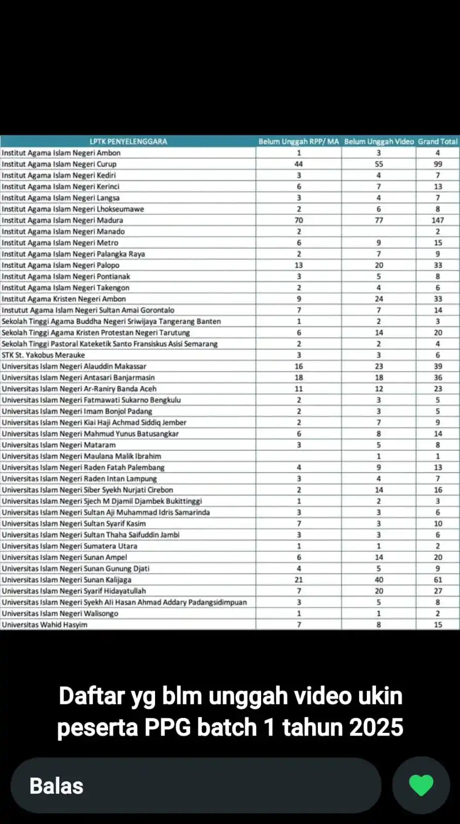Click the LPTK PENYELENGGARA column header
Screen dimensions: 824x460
pos(128,141)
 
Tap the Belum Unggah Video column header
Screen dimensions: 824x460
pos(379,141)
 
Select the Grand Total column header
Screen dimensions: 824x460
pos(437,141)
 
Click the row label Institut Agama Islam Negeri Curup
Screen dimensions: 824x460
pos(59,164)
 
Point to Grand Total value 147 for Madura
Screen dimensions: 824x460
pos(437,220)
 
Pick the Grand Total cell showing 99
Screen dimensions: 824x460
pos(437,164)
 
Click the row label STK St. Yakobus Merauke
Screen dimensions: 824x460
pos(43,355)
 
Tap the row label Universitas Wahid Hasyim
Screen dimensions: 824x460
pos(44,625)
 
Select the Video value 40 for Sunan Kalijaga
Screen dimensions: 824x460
pos(379,580)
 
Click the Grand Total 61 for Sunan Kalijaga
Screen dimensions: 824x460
pos(437,580)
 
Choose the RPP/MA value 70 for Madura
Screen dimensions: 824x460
pos(299,220)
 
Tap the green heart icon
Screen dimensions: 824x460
pos(421,785)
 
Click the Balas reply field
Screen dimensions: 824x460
pos(196,786)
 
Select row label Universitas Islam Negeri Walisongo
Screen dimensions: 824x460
pos(60,613)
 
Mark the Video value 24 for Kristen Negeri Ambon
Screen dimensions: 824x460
pos(379,299)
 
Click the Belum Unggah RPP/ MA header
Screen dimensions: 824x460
pos(299,141)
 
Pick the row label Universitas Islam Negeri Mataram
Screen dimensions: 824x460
pos(59,445)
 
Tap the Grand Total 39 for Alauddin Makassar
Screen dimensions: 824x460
pos(437,367)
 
